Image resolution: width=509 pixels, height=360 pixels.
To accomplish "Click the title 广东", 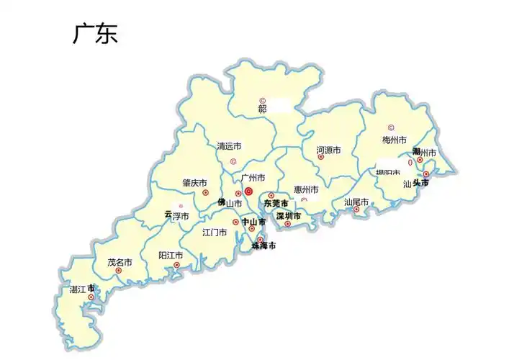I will click(x=94, y=34).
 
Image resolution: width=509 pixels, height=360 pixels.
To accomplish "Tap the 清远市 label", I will click(x=229, y=146).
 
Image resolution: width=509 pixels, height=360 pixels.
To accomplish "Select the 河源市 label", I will click(x=328, y=150).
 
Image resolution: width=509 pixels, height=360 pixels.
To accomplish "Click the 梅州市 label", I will click(x=394, y=140).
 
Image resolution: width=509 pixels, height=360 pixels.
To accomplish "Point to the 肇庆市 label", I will click(x=194, y=183).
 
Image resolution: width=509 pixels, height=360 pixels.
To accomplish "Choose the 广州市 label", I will click(x=253, y=178).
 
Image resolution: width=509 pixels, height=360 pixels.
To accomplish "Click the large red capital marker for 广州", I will click(x=248, y=192).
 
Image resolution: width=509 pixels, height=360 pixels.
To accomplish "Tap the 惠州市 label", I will click(x=306, y=190).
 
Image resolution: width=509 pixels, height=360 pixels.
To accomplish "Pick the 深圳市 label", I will click(x=288, y=215).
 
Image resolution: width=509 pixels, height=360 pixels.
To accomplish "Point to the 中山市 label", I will click(x=253, y=222).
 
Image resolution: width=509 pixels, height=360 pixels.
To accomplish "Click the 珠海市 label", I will click(x=263, y=246).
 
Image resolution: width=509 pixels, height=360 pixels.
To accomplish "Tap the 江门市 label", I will click(x=215, y=233).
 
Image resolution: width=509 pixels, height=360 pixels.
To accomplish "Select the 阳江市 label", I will click(x=171, y=256).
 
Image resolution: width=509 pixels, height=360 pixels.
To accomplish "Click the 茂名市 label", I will click(x=120, y=263).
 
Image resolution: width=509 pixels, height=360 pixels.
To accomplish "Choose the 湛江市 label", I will click(x=82, y=289).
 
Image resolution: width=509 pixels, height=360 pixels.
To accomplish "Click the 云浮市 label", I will click(x=176, y=215).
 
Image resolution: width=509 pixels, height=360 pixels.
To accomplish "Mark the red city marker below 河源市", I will click(x=320, y=157).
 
